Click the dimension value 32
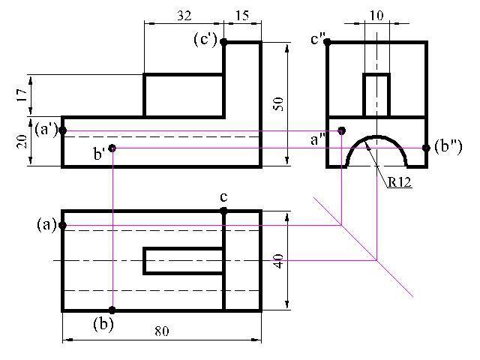[184, 15]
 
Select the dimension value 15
[242, 15]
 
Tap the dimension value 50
[278, 104]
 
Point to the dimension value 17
[22, 95]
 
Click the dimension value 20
[22, 142]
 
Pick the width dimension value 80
[162, 331]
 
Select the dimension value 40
[278, 261]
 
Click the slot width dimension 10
[376, 15]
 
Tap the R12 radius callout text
[399, 182]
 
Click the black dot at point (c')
[223, 42]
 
